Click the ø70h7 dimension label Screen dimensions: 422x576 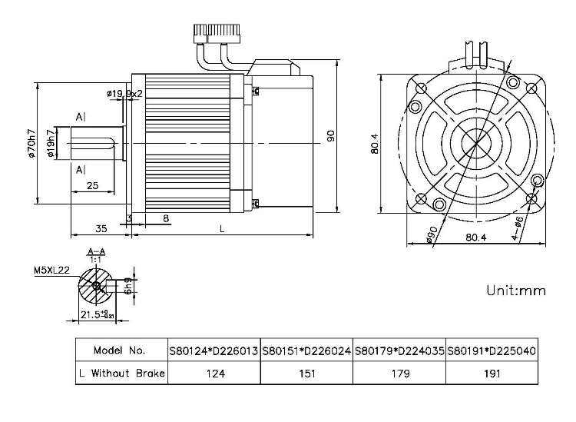point(30,143)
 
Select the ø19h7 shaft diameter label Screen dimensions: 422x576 point(51,143)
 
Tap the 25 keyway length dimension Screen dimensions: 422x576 point(91,185)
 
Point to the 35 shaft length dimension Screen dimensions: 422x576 point(100,228)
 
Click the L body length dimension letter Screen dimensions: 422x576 point(222,228)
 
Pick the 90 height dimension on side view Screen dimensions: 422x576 point(330,135)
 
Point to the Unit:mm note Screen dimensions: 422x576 point(515,291)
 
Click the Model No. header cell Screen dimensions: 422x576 point(120,351)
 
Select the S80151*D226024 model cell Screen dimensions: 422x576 point(306,351)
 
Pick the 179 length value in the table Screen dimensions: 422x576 point(399,374)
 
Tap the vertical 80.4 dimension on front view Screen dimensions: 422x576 point(374,143)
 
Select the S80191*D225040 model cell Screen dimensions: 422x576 point(492,351)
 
